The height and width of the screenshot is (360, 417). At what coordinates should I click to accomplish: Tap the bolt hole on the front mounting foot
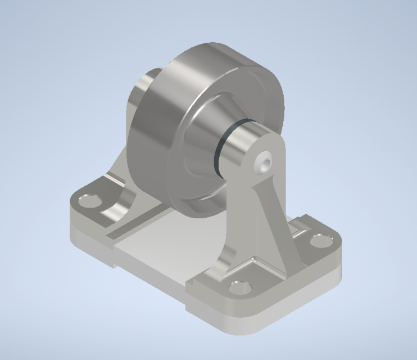(x=239, y=288)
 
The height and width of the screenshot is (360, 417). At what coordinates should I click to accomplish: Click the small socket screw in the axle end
(x=265, y=163)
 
